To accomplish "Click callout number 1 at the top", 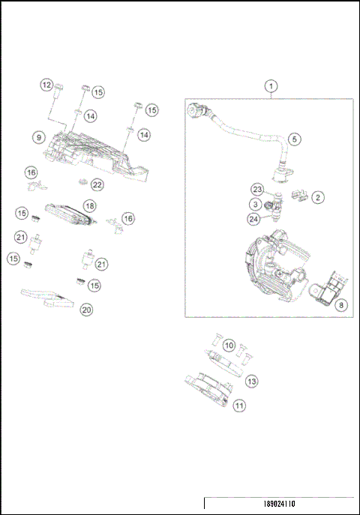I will click(270, 87).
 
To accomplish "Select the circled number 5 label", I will click(294, 139).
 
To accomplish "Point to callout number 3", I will click(256, 204).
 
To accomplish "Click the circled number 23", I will click(256, 190).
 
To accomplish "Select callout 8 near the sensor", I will click(341, 305).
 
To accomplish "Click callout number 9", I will click(37, 137).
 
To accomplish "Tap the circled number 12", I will click(46, 85).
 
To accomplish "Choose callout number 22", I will click(97, 184).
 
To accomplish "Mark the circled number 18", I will click(89, 205).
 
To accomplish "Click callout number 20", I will click(86, 309).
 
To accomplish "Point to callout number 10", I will click(229, 345).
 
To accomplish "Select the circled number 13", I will click(252, 382).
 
